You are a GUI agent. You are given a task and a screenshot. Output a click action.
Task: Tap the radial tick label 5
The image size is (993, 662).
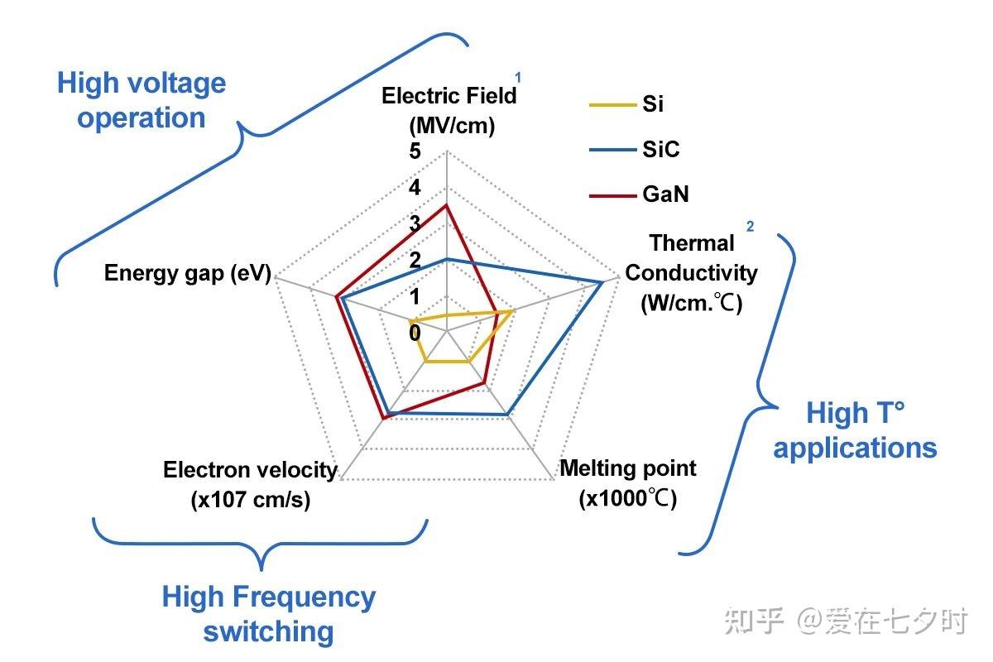[415, 152]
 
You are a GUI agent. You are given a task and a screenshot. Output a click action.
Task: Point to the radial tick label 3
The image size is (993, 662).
[415, 224]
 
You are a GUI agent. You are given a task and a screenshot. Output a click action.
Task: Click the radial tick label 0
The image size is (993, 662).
[415, 333]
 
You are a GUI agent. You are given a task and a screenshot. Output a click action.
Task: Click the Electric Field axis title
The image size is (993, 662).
[449, 110]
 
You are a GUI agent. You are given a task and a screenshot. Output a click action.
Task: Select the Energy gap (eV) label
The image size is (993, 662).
[188, 274]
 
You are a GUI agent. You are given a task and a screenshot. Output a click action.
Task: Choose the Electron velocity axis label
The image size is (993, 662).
[250, 484]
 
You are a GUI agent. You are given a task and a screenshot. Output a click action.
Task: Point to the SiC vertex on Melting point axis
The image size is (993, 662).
[506, 414]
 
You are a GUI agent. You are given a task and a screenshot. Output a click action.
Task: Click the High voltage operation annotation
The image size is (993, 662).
[141, 100]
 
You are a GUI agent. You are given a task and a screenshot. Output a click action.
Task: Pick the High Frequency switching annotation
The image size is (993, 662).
[268, 613]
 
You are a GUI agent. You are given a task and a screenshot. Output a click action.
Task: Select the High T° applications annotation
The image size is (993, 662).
[855, 429]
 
